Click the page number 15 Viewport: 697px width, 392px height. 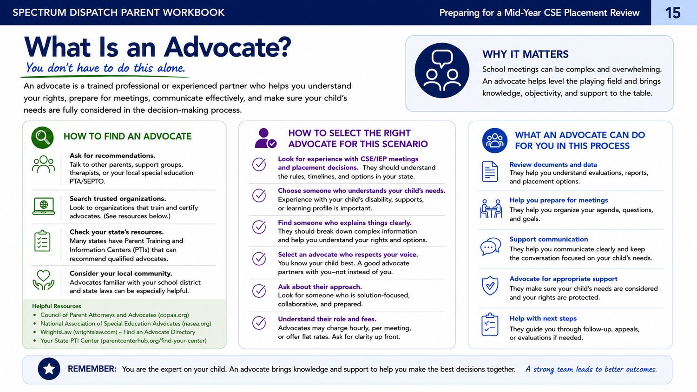(x=672, y=13)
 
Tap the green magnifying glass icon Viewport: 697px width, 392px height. (x=42, y=137)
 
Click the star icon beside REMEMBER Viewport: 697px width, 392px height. (x=49, y=369)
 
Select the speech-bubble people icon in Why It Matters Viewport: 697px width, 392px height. (x=442, y=70)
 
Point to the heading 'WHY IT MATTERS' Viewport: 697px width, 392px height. (x=525, y=54)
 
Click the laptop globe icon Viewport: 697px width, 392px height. (x=44, y=206)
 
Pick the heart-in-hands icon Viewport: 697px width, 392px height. (x=44, y=280)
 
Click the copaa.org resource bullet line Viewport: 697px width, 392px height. (x=114, y=315)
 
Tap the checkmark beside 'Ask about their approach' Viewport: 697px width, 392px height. (x=259, y=291)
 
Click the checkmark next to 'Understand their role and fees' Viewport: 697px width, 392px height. (x=259, y=323)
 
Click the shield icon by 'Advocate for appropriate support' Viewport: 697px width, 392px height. (x=490, y=286)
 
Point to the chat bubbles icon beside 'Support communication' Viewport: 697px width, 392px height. (x=491, y=247)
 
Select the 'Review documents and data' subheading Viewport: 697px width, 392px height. (x=553, y=164)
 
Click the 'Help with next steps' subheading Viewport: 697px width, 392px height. (x=543, y=318)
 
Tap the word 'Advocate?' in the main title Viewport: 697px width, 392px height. (x=228, y=47)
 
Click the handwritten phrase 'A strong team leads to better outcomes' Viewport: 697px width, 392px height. (x=591, y=369)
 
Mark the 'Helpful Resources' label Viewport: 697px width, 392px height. (x=56, y=306)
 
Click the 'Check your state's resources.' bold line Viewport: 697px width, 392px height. (x=116, y=232)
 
